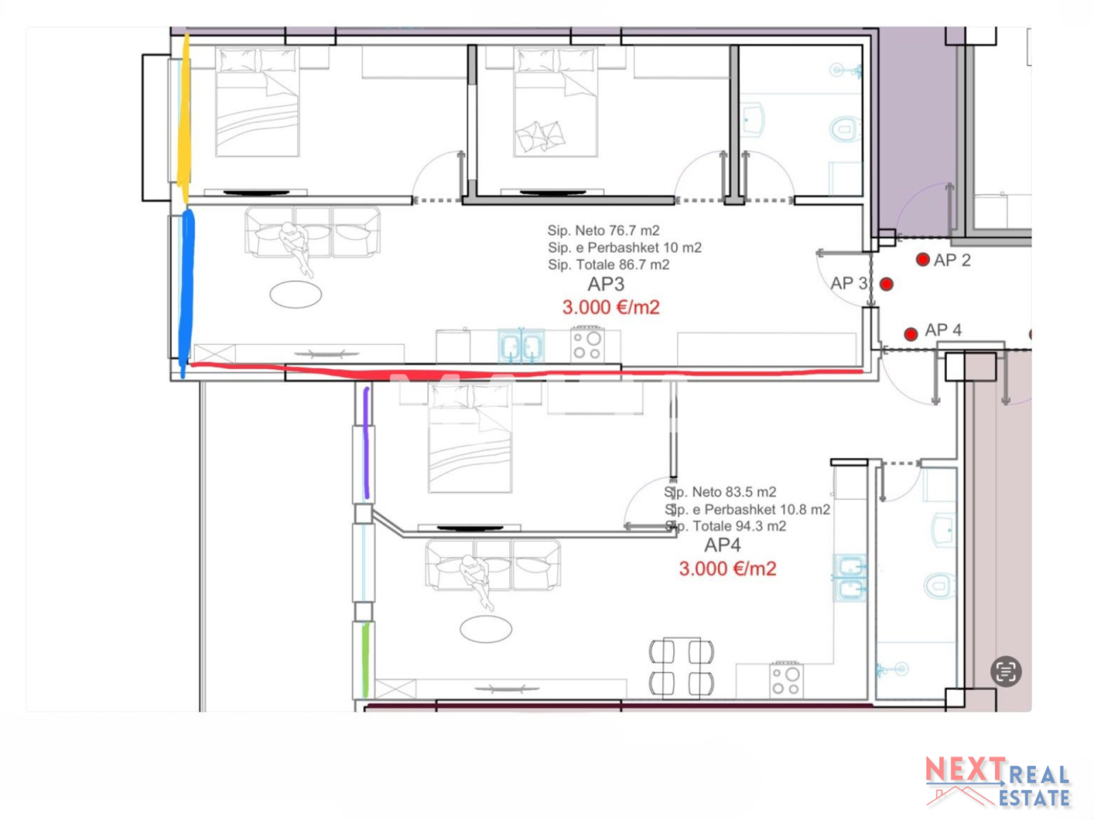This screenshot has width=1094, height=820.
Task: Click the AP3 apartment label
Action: point(606,284)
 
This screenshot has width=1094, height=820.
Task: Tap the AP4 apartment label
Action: point(722,546)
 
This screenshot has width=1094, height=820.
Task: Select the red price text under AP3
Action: point(610,307)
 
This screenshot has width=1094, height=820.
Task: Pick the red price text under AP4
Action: point(727,569)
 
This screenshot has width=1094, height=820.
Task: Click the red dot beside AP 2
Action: point(922,260)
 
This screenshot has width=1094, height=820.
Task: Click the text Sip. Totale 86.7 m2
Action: point(609,265)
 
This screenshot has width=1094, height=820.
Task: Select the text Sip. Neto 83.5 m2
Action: point(721,492)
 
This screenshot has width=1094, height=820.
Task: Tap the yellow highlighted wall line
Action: point(183,120)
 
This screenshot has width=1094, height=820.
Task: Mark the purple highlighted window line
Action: point(367,442)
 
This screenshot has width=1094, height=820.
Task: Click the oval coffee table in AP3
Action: point(296,295)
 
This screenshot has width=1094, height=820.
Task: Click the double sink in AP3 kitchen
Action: point(521,347)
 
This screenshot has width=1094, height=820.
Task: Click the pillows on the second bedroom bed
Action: point(539,136)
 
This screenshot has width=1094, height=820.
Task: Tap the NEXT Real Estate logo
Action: point(997,782)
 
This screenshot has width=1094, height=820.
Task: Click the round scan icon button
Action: point(1006,671)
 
